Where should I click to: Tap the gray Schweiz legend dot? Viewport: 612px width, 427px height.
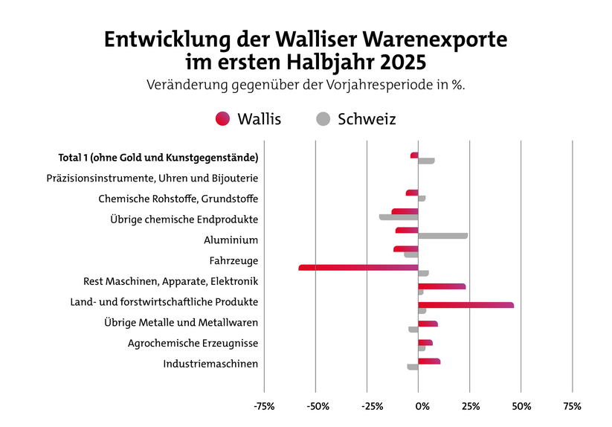click(323, 119)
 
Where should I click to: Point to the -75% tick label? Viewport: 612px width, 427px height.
click(264, 406)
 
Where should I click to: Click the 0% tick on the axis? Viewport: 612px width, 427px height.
click(421, 406)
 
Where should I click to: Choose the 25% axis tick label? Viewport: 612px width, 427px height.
click(471, 406)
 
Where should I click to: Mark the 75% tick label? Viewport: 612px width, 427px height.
click(573, 406)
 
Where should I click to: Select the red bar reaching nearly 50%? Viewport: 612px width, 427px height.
click(466, 305)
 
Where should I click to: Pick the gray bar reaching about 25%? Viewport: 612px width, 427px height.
click(443, 236)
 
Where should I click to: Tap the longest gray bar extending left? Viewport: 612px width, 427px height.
click(399, 217)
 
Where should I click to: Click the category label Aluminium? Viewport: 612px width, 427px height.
click(231, 240)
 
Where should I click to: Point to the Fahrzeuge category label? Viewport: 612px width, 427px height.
click(234, 261)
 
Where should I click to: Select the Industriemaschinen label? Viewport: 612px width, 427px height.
click(210, 364)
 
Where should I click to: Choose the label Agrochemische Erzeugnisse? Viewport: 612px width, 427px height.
click(193, 343)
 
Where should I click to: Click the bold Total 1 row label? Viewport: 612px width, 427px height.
click(158, 158)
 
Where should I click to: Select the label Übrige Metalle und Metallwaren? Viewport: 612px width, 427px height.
click(182, 323)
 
